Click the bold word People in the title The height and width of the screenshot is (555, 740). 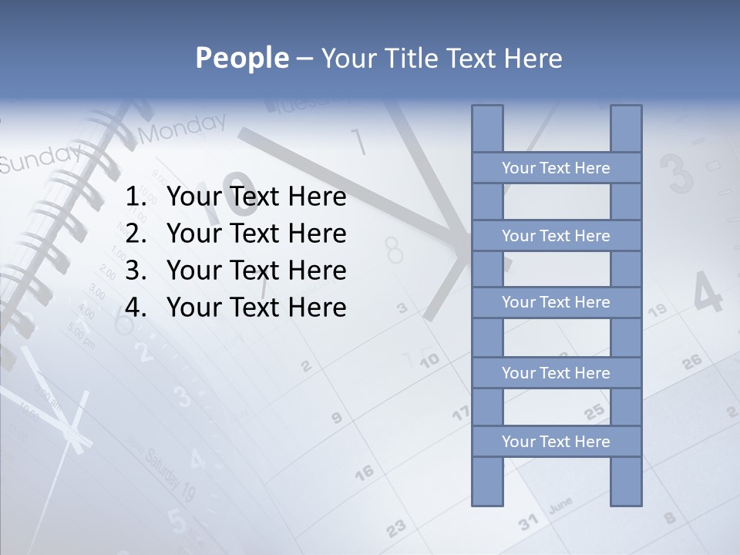click(241, 58)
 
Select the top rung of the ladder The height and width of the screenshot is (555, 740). click(556, 168)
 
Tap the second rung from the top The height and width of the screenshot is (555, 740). click(556, 236)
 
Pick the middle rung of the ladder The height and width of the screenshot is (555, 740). click(556, 302)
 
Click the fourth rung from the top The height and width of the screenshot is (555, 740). click(556, 373)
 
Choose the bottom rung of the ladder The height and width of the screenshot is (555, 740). click(556, 442)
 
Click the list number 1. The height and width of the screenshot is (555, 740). click(135, 197)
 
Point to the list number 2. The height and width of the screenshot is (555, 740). click(135, 234)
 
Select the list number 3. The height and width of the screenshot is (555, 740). click(135, 271)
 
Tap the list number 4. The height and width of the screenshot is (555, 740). click(135, 308)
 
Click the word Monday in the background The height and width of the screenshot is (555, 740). click(183, 128)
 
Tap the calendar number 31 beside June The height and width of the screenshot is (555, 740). click(528, 522)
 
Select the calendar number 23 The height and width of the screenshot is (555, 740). click(395, 527)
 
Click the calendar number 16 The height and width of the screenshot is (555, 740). click(364, 471)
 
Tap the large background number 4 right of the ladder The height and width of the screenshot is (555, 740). click(708, 294)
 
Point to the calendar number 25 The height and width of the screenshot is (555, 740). click(594, 412)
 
